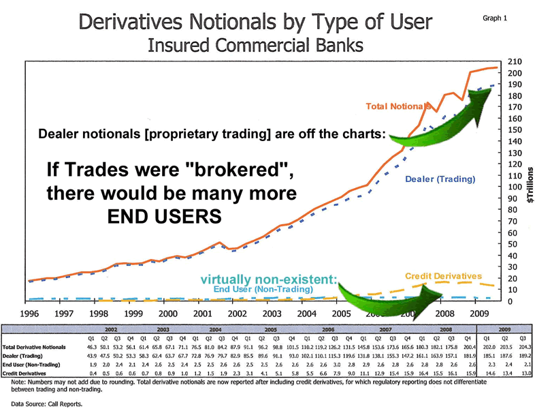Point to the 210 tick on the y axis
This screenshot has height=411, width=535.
pos(517,62)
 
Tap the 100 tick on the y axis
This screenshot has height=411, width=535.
pos(517,187)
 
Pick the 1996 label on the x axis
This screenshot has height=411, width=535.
pos(29,314)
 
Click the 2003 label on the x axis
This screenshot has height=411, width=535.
pos(272,314)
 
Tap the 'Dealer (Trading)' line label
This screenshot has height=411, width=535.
pos(440,179)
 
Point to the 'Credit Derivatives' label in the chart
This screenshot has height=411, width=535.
pos(443,276)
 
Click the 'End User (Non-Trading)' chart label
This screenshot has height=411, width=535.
pos(263,289)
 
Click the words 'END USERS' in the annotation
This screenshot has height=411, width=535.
pos(165,217)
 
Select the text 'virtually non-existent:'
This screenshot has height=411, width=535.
pos(269,279)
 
